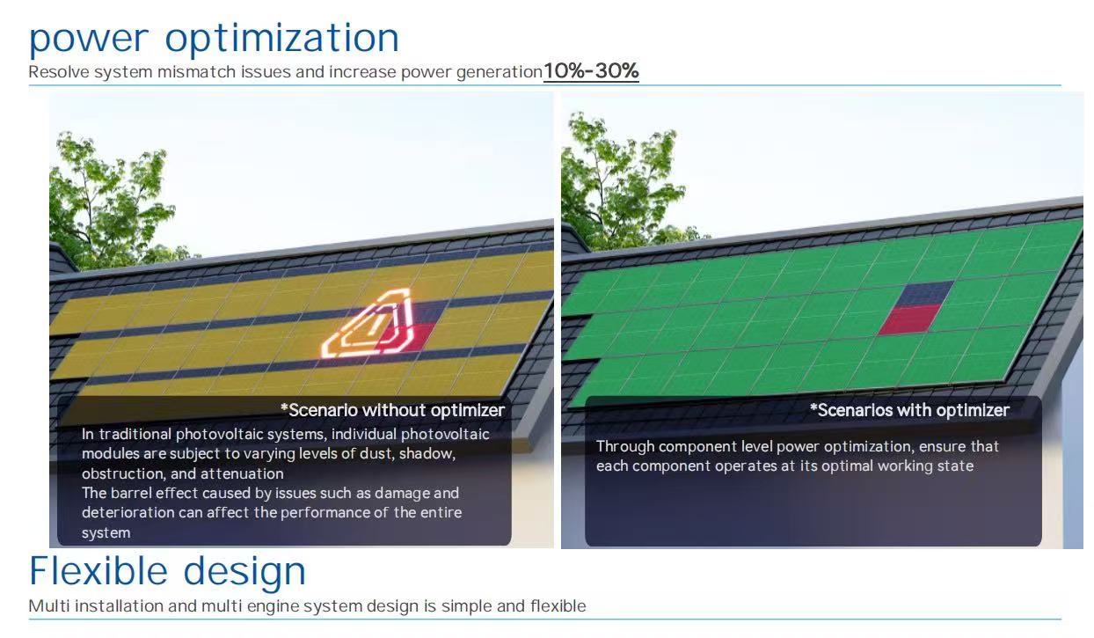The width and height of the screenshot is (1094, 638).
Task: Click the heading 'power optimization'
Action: point(214,39)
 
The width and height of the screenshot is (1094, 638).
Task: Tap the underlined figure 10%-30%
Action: point(591,71)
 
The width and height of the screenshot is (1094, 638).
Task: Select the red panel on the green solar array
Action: point(909,319)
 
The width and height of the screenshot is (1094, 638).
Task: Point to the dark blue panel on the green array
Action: point(924,293)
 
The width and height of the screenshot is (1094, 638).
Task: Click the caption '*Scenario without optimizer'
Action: point(393,410)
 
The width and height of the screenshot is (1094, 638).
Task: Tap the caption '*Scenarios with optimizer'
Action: point(909,410)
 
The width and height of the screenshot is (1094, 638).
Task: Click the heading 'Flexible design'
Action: point(167,571)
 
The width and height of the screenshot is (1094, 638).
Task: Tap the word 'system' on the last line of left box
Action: point(106,533)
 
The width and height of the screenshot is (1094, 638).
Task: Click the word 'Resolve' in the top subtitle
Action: point(59,72)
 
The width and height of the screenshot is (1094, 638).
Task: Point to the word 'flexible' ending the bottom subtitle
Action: point(558,606)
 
